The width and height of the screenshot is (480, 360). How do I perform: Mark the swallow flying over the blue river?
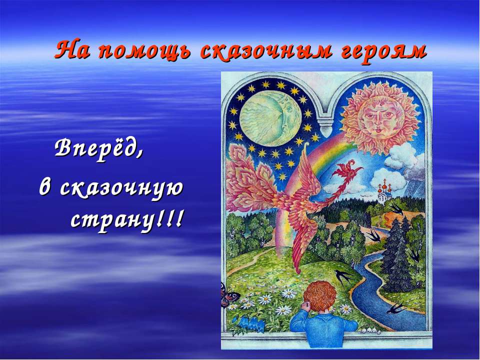click(x=396, y=306)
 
